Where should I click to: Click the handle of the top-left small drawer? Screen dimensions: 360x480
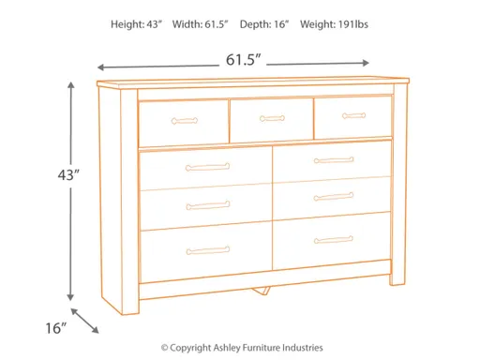[x=184, y=120]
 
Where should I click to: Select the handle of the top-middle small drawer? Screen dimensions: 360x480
[x=272, y=118]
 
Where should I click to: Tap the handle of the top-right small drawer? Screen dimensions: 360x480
[x=353, y=116]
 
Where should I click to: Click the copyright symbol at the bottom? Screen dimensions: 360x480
[x=165, y=346]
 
